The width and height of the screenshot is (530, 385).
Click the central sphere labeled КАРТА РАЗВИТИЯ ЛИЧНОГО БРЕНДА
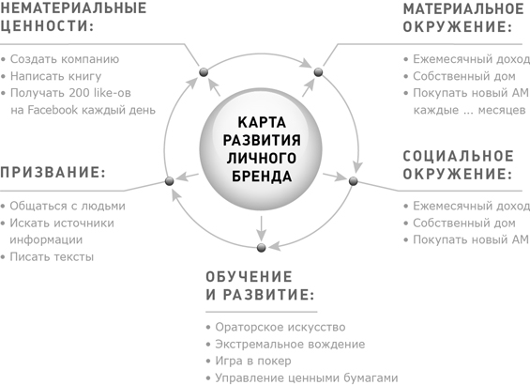(x=261, y=148)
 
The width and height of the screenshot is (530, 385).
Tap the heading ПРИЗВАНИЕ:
(x=53, y=173)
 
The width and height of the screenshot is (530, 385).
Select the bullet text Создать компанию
(x=65, y=59)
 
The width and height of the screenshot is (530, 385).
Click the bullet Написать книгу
(x=55, y=76)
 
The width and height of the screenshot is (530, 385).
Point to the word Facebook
(x=53, y=110)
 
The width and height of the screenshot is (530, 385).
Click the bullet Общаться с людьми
(x=68, y=206)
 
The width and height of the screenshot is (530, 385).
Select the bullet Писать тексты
(x=52, y=256)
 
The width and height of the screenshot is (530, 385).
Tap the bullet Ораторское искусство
(x=280, y=328)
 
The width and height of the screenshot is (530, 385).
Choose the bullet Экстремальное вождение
(x=290, y=345)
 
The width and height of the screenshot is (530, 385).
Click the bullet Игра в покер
(x=253, y=361)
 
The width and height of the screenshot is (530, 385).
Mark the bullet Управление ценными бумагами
(x=306, y=377)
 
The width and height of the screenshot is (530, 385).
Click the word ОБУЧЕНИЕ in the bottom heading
(x=250, y=277)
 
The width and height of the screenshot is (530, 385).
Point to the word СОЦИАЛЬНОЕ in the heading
(x=459, y=156)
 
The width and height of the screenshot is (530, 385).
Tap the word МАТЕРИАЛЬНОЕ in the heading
(x=463, y=9)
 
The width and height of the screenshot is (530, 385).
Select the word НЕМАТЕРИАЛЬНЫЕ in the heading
(x=73, y=8)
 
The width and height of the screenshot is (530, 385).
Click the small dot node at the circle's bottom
(x=261, y=248)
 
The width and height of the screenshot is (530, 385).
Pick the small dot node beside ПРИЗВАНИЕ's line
(x=170, y=181)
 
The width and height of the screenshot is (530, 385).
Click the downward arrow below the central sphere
(x=261, y=228)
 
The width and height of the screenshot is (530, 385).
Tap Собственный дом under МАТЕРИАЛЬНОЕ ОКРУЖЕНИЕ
(x=464, y=76)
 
